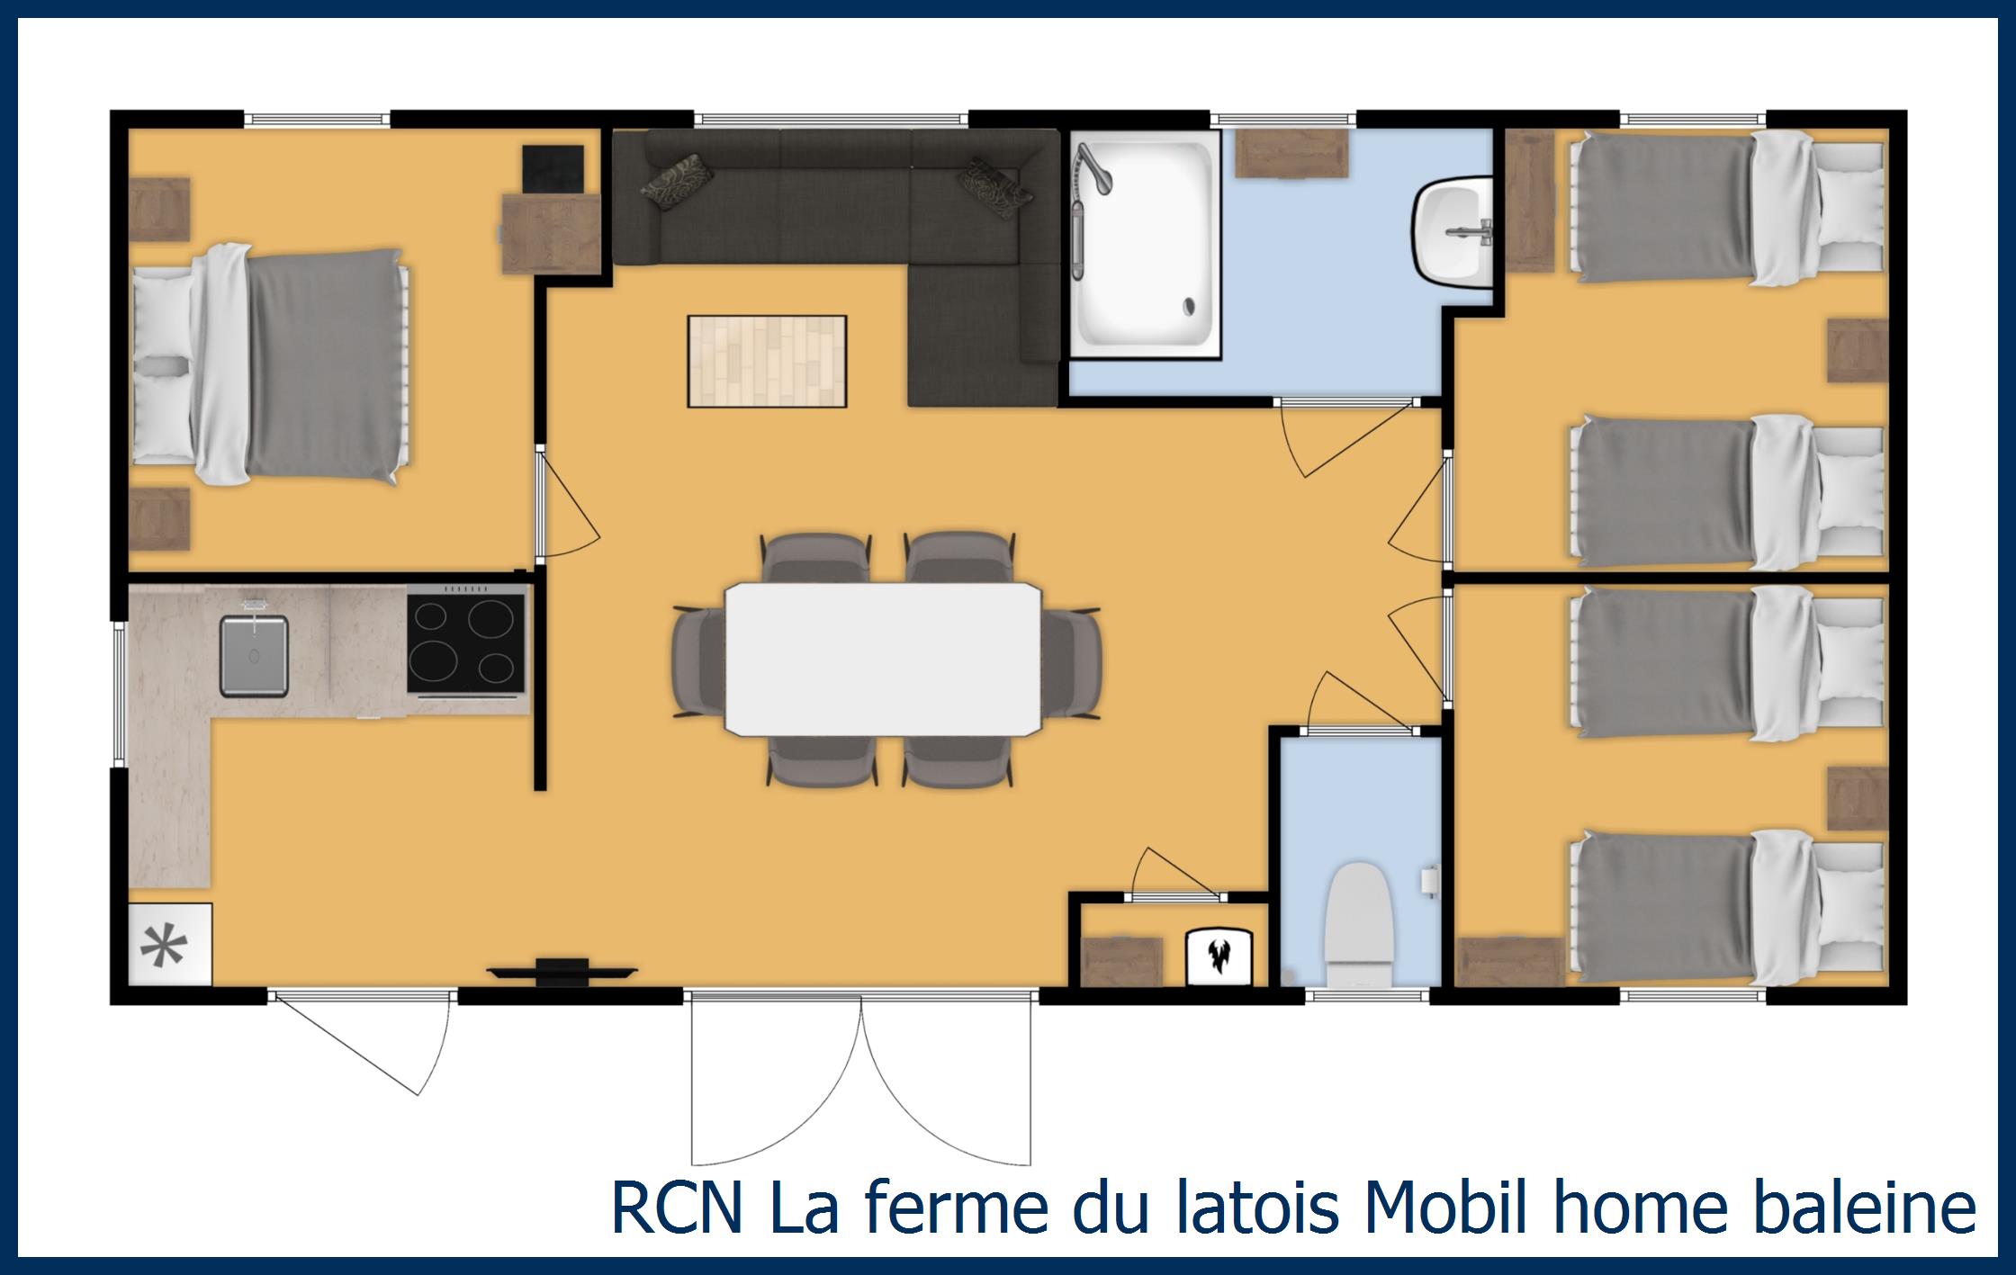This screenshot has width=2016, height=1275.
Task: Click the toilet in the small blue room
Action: point(1359,927)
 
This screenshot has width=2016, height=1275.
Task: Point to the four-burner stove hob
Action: point(466,642)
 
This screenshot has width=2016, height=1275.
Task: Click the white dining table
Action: point(883,659)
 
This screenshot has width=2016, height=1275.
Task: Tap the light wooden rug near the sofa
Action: point(767,361)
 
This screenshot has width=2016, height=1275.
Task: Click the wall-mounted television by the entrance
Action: point(562,971)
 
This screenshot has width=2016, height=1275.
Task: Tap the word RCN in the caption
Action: point(678,1208)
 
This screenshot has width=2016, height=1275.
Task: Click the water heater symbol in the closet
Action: point(1219,956)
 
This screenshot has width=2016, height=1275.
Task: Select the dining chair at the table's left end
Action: point(698,661)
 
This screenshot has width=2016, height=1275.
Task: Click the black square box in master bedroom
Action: point(553,169)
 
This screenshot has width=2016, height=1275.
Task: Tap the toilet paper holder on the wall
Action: point(1429,879)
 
